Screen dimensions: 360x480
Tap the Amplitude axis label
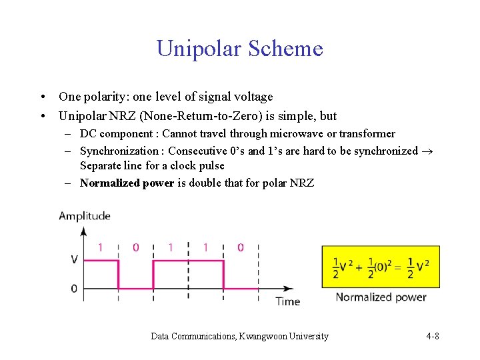coord(85,215)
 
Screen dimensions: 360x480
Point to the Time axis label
coord(287,301)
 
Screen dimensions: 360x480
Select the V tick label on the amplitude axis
coord(73,259)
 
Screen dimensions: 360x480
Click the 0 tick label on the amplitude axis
coord(73,289)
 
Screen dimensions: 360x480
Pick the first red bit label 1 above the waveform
coord(101,248)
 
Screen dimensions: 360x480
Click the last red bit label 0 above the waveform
coord(240,248)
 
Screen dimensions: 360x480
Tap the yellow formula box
coord(381,267)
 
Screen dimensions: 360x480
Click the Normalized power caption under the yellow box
coord(381,297)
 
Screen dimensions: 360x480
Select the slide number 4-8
coord(432,336)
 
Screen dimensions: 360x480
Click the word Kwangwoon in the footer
coord(264,336)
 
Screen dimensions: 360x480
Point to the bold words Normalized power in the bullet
coord(127,183)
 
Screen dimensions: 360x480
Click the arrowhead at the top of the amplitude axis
coord(84,231)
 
